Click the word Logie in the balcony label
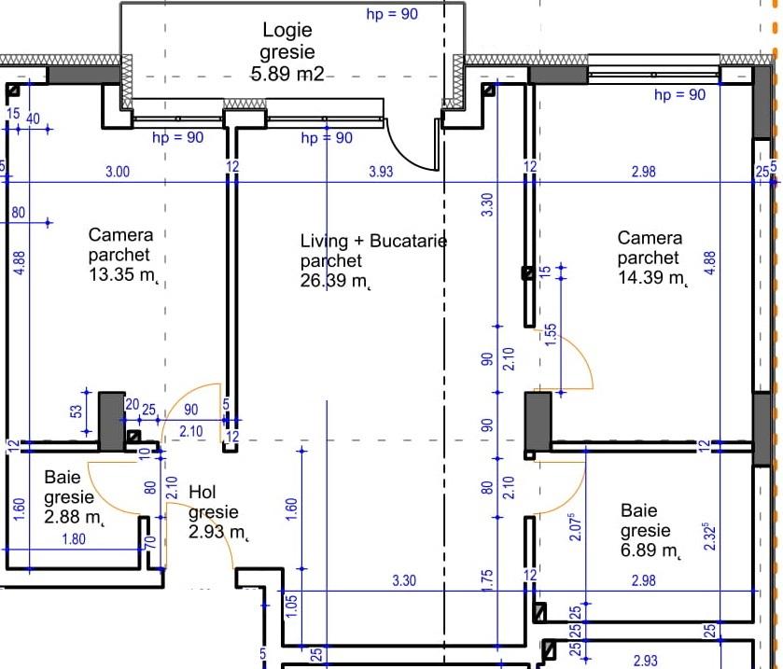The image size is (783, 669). (287, 31)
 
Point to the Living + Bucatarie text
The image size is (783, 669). (373, 241)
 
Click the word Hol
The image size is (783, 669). (203, 492)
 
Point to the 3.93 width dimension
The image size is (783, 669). (381, 171)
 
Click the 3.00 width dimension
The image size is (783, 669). (118, 171)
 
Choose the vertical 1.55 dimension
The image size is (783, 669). (550, 333)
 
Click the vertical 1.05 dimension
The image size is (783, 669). (290, 605)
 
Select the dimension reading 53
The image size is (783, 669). (77, 411)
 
